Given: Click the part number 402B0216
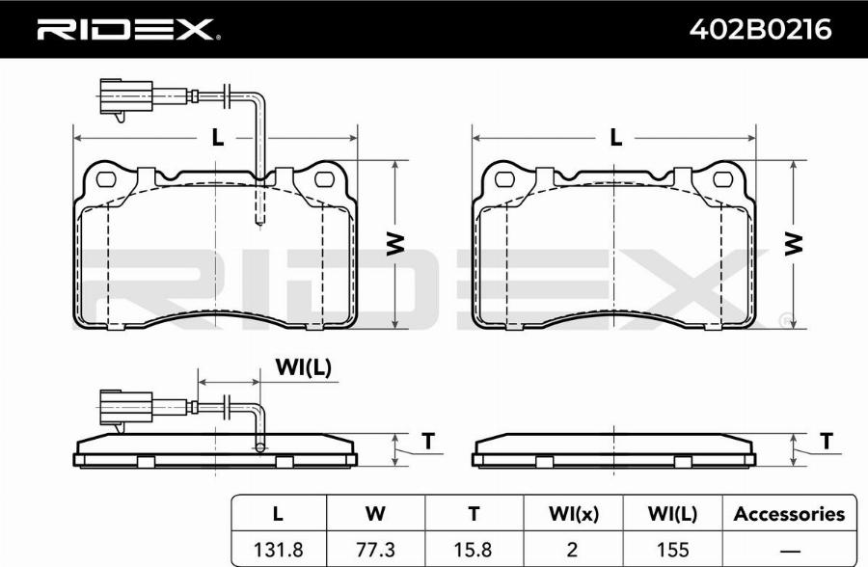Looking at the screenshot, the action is (x=760, y=29).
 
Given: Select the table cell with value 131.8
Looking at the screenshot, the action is (x=279, y=550).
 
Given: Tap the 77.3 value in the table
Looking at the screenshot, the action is (x=375, y=550).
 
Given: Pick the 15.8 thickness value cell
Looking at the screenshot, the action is (x=474, y=550).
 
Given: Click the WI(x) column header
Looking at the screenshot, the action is (x=574, y=514).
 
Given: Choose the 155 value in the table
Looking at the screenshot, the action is (x=672, y=550).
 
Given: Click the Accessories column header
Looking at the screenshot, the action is (x=789, y=514).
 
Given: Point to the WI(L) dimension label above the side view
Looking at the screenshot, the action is (x=304, y=367).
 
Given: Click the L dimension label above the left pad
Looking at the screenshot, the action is (x=218, y=137).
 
